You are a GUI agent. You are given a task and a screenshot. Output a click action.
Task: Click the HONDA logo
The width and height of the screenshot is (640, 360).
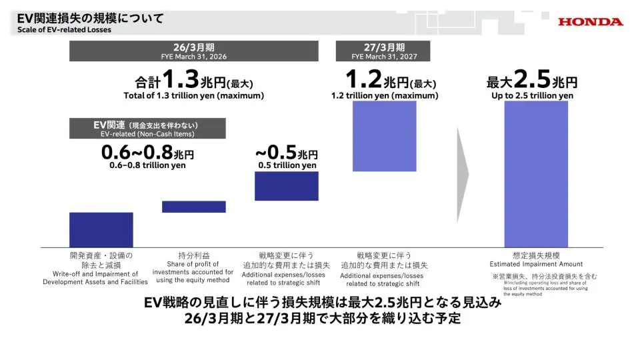coord(591,21)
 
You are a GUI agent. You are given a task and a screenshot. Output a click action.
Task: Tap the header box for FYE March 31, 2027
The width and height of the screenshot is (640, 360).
coord(383,51)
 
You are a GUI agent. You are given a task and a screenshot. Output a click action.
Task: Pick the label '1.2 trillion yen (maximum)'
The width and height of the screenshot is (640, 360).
coord(385,95)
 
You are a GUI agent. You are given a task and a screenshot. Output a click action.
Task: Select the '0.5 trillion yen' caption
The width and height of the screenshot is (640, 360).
coord(287,165)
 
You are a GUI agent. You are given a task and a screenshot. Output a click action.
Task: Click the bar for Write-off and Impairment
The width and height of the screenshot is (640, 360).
coord(101,229)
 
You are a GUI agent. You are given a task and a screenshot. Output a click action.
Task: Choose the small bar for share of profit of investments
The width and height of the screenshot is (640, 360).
coord(193,207)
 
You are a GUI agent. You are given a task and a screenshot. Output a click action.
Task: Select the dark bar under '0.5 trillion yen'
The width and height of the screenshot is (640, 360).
coord(287,186)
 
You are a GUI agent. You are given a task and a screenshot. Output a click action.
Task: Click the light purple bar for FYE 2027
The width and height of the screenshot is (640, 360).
coord(385,136)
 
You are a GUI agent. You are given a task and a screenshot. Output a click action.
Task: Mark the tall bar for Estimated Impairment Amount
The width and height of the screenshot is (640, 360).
coord(536,174)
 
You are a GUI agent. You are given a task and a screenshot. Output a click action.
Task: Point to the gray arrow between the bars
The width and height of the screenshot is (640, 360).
coord(463,173)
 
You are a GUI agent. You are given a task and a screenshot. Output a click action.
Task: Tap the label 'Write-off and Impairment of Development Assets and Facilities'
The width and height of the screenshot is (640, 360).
coord(95,277)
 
